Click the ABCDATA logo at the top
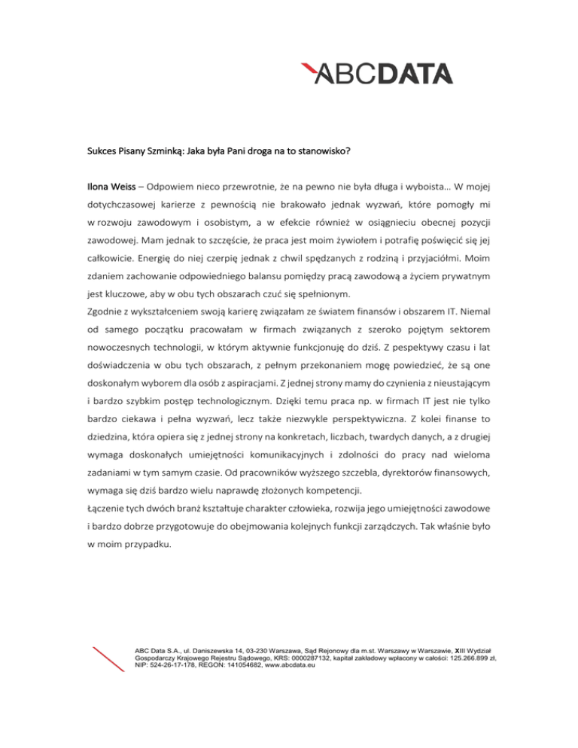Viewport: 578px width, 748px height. (x=377, y=74)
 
